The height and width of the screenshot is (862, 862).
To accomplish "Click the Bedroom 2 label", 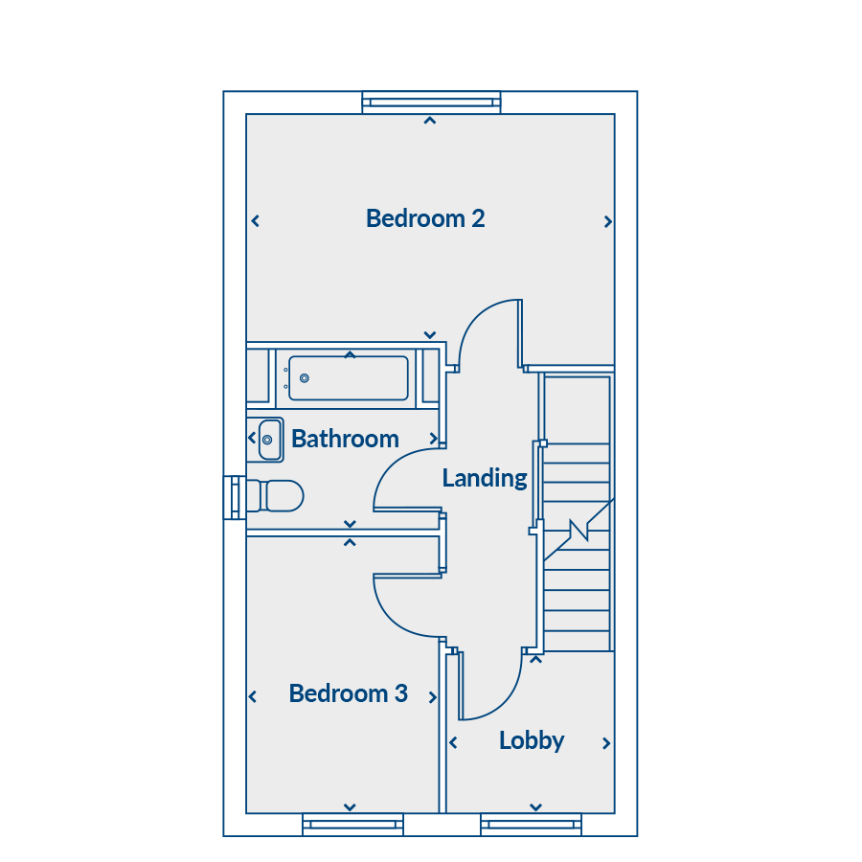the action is click(425, 218).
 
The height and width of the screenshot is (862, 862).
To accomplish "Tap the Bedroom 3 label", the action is click(349, 693).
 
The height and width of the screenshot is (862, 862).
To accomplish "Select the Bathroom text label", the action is click(345, 439).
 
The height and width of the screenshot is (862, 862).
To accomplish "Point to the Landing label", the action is click(485, 478).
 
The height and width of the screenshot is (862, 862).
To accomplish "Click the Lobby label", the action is click(532, 740).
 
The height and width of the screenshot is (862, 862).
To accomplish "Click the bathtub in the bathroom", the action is click(349, 378).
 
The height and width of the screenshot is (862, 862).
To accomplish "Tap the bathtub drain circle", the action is click(304, 378).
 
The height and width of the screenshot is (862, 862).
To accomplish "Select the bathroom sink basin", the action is click(270, 440).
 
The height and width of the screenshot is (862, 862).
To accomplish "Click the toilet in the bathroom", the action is click(275, 496).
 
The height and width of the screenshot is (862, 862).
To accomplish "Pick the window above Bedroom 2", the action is click(432, 102).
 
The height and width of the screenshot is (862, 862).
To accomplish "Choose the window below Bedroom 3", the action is click(352, 825).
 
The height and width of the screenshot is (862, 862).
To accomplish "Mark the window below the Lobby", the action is click(531, 825).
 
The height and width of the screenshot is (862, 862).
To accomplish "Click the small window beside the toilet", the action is click(235, 497).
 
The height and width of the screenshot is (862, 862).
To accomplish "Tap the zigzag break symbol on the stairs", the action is click(579, 530).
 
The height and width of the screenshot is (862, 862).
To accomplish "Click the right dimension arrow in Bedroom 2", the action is click(607, 221).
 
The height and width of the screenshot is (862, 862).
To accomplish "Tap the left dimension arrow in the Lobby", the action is click(454, 743).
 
